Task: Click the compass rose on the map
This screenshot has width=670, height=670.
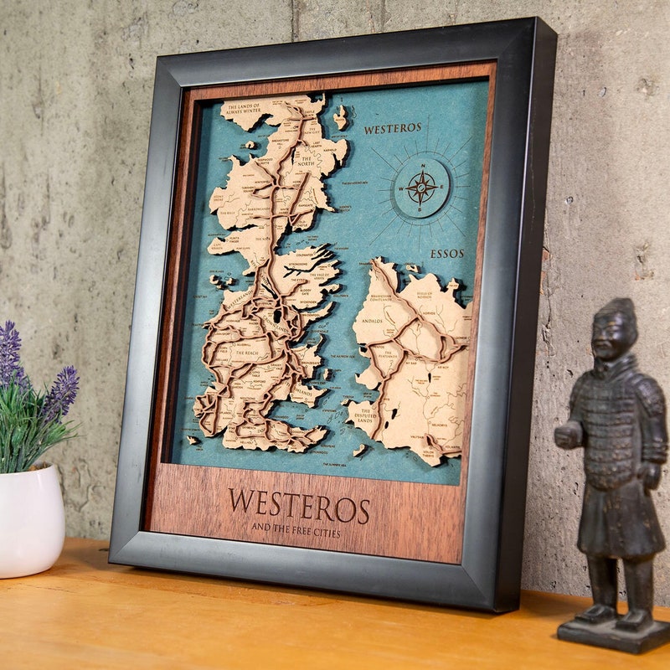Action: click(421, 188)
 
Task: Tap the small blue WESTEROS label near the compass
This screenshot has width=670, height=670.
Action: click(393, 129)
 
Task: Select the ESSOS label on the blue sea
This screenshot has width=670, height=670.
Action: click(446, 253)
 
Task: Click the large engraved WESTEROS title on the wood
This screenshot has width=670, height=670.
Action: click(299, 507)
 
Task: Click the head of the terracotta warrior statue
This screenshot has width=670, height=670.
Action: click(613, 328)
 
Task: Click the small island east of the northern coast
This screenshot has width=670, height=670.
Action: click(340, 118)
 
